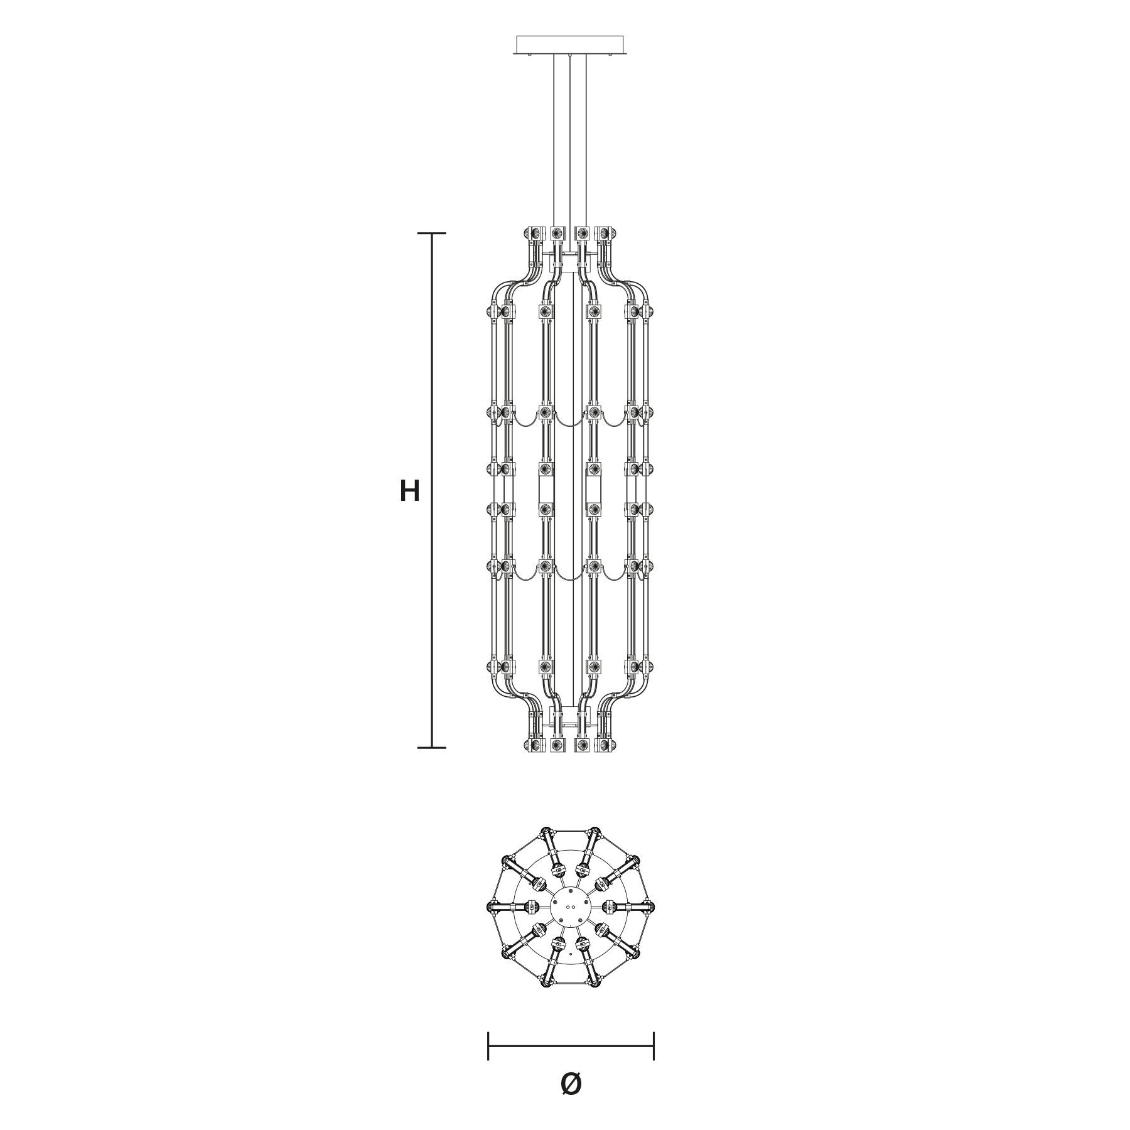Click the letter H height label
409,491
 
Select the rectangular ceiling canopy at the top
570,45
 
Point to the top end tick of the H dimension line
432,234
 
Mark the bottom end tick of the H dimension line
432,748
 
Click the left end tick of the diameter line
488,1047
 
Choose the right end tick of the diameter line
654,1047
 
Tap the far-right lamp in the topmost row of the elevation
607,234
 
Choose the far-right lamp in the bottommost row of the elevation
607,745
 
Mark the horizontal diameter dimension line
571,1047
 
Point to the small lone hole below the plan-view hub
569,954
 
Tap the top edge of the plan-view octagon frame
571,832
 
